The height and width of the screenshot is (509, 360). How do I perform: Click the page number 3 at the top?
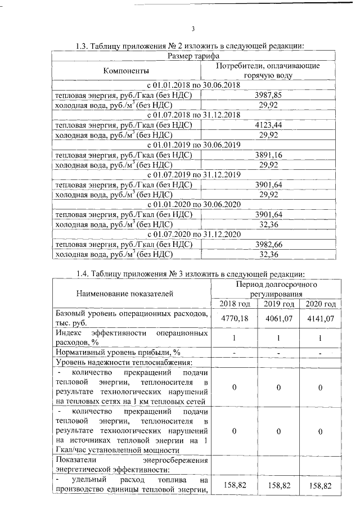tap(193, 29)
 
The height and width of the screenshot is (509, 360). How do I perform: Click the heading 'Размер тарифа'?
tap(193, 56)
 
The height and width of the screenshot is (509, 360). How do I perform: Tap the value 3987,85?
tap(268, 96)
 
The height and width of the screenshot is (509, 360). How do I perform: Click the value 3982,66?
tap(268, 244)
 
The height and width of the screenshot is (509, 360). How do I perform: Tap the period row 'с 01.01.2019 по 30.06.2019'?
tap(193, 145)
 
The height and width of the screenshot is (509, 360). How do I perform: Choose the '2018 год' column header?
tap(232, 304)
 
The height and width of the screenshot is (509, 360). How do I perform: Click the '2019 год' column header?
tap(279, 304)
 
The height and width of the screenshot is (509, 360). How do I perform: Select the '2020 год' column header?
tap(320, 304)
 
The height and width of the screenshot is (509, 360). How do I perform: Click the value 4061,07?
tap(279, 318)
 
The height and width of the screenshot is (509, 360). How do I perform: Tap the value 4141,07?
tap(320, 318)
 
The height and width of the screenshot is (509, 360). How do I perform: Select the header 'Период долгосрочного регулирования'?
tap(275, 289)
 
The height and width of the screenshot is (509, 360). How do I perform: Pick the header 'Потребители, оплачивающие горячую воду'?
tap(268, 70)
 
